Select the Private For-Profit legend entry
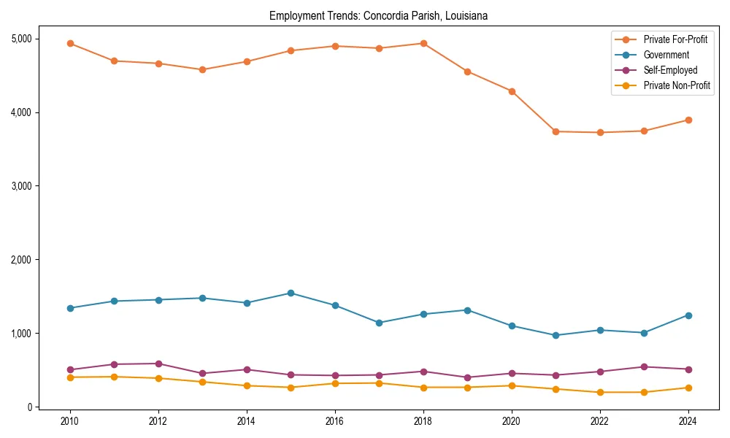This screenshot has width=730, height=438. tap(675, 39)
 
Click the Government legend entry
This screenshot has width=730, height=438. tap(666, 55)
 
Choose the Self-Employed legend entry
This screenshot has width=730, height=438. tap(670, 70)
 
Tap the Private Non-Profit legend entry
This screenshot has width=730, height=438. tap(677, 85)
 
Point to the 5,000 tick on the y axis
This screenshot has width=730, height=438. tap(19, 39)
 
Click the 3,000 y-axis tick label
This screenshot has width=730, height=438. tap(19, 186)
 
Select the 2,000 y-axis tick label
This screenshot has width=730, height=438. tap(19, 260)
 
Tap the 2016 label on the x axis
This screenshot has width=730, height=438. tap(334, 421)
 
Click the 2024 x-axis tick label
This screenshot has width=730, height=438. tap(688, 421)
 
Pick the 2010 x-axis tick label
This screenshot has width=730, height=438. tap(70, 421)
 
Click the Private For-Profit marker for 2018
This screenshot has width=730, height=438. tap(423, 43)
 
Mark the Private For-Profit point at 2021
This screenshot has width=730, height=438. tap(556, 131)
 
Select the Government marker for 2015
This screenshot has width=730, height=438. tap(291, 293)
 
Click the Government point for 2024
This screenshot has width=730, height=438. tap(688, 315)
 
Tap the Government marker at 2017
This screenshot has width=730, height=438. tap(379, 323)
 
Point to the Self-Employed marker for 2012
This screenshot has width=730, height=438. tap(158, 364)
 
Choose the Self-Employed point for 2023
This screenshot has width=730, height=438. tap(644, 366)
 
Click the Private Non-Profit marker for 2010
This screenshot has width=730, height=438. tap(70, 377)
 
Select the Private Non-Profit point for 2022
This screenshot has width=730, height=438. tap(600, 392)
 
